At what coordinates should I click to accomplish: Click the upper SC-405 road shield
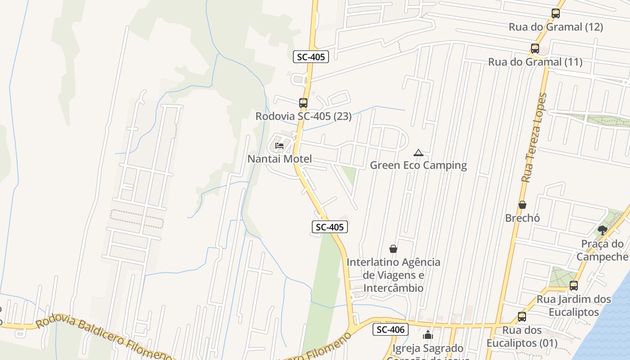[x=311, y=57]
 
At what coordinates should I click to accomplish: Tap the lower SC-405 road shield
[x=330, y=227]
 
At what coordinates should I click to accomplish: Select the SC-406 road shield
[x=391, y=329]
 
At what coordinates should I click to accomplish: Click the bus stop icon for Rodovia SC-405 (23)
[x=303, y=103]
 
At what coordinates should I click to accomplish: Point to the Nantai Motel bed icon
[x=279, y=146]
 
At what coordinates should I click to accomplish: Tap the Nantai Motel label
[x=279, y=159]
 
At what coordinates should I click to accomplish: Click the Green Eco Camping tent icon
[x=418, y=153]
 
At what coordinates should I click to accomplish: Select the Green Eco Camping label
[x=418, y=165]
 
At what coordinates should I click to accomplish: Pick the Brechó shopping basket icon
[x=522, y=205]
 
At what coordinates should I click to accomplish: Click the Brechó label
[x=522, y=218]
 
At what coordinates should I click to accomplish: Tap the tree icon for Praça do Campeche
[x=602, y=230]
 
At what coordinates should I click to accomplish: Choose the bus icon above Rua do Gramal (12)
[x=556, y=13]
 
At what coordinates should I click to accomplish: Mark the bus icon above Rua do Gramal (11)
[x=535, y=49]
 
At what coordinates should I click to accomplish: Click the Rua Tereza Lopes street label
[x=534, y=137]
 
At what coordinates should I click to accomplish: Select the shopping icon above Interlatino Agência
[x=393, y=249]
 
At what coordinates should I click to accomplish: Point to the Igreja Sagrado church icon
[x=427, y=335]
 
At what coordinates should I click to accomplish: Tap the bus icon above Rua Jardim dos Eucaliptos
[x=574, y=286]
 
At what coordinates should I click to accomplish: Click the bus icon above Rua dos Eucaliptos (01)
[x=522, y=317]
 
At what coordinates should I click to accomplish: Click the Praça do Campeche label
[x=603, y=250]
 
